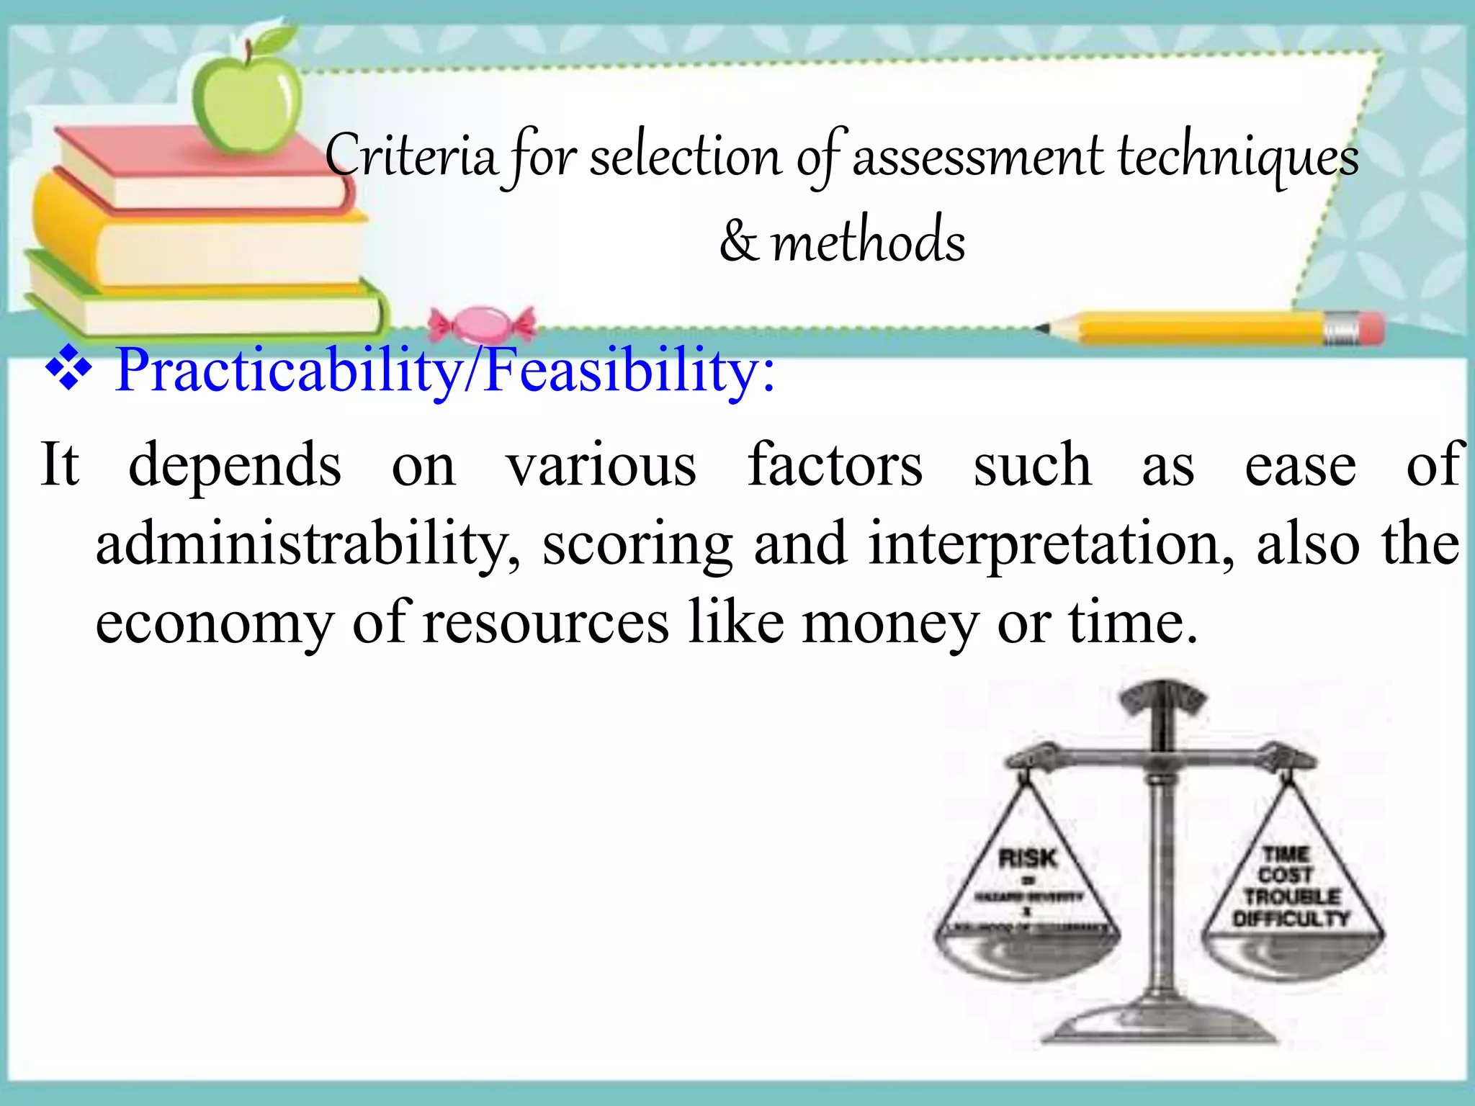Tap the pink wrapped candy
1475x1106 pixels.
[x=482, y=325]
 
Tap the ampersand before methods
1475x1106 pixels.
[x=739, y=242]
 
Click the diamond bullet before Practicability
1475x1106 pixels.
[x=68, y=369]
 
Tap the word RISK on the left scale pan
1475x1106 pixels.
[x=1028, y=858]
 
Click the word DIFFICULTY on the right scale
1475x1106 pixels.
[x=1291, y=919]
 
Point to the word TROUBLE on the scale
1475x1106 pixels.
[x=1292, y=897]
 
